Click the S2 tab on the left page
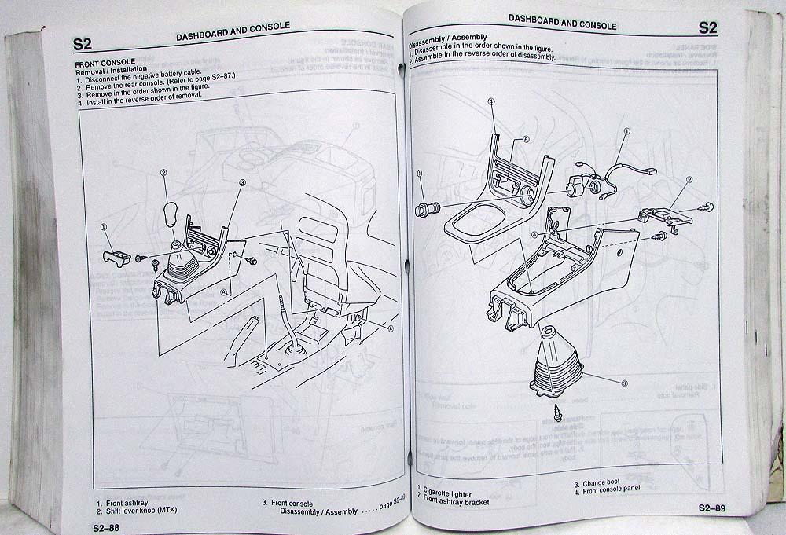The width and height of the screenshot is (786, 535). (82, 43)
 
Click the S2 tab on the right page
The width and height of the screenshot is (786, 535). (707, 28)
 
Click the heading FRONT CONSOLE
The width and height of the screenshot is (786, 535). (105, 62)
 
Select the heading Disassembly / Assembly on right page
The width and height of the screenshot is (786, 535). (447, 37)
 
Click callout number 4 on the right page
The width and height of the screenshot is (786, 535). (490, 101)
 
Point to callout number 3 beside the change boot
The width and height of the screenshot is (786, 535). (625, 383)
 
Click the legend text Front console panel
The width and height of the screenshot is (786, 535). (612, 490)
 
